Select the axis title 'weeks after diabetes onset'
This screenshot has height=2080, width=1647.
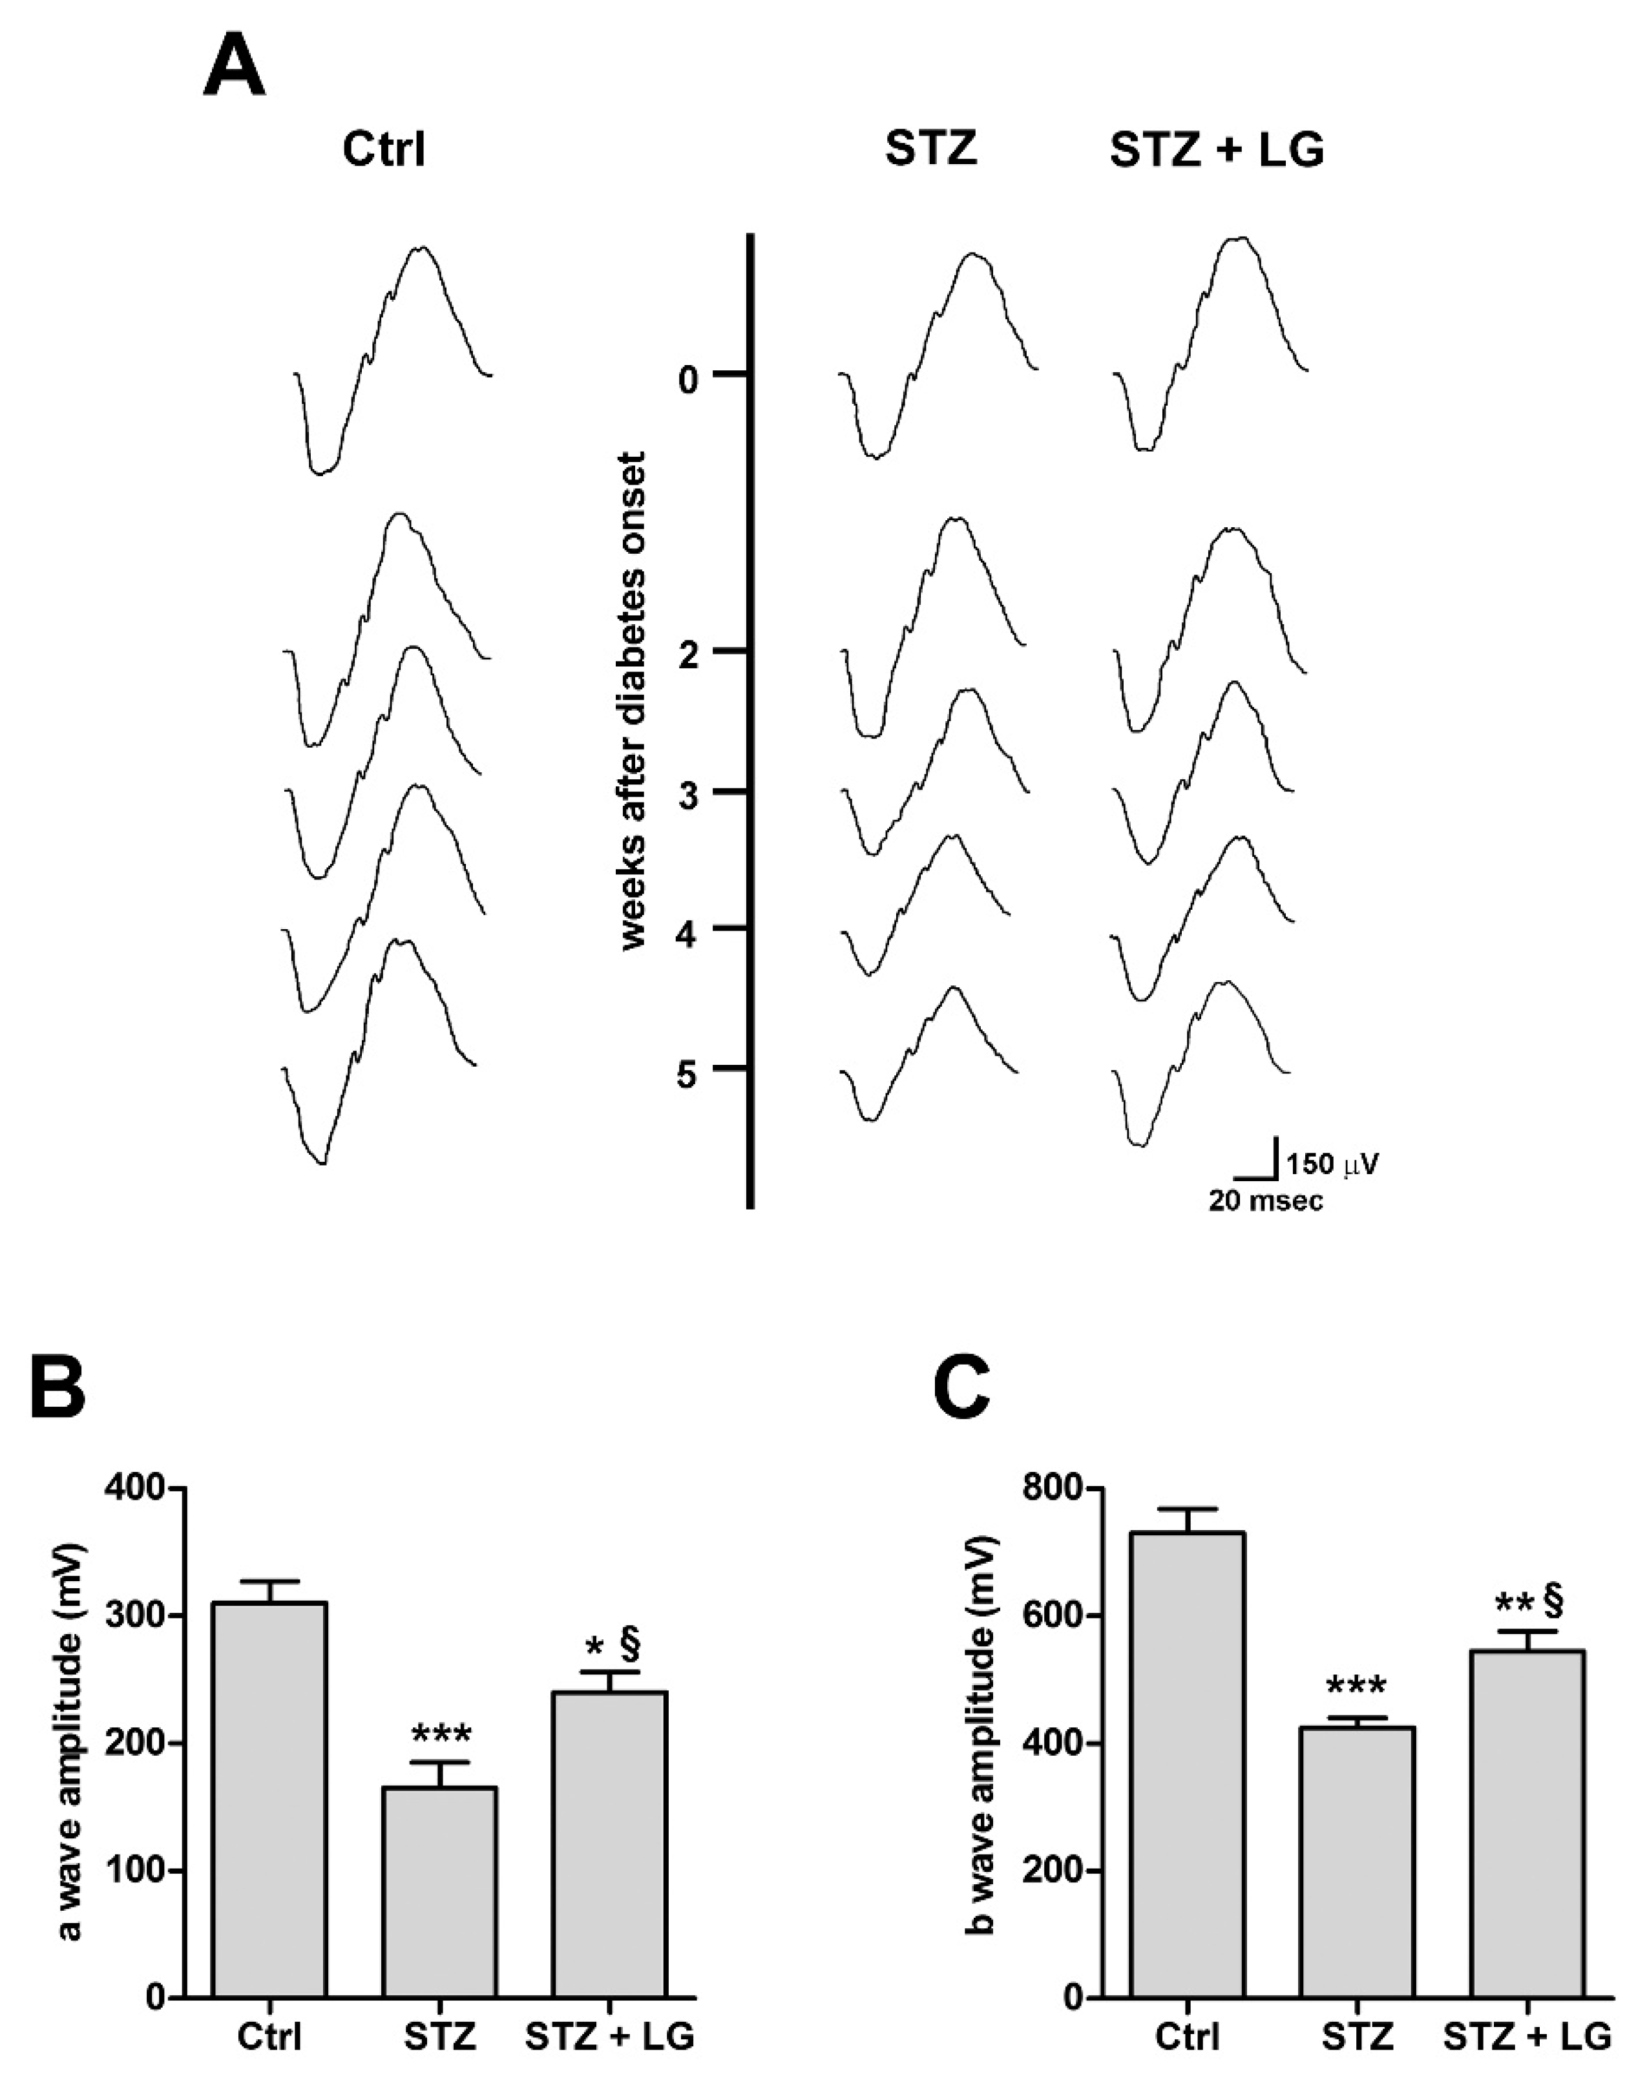(633, 701)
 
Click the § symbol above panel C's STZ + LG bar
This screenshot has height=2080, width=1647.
(1553, 1600)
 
